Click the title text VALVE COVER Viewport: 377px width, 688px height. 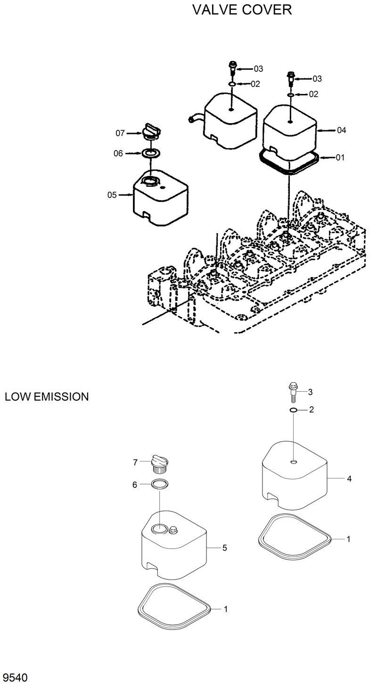242,9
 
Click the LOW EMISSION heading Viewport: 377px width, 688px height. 47,397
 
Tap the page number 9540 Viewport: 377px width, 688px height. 15,678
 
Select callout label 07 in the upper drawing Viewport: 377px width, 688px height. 121,134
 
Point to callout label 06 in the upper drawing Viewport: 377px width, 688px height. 118,153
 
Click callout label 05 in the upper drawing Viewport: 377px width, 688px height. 112,194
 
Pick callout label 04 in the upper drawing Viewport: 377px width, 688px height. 341,130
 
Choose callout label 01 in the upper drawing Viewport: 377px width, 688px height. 340,158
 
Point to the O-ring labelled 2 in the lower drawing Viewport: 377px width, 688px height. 293,411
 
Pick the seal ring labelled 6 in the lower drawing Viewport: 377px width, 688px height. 159,484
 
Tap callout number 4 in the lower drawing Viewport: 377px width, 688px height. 349,478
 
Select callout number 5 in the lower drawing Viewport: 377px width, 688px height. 225,548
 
